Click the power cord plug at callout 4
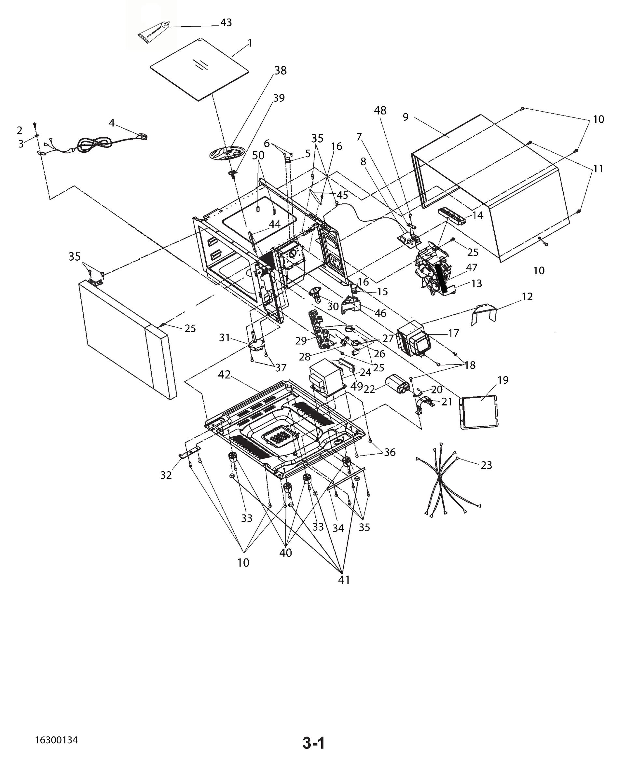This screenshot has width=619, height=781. (x=142, y=137)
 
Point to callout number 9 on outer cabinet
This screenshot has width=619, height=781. (x=405, y=117)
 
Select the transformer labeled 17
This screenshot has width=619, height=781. (x=413, y=339)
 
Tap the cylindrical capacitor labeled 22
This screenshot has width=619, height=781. (x=397, y=384)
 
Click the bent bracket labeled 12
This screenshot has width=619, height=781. (x=484, y=314)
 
